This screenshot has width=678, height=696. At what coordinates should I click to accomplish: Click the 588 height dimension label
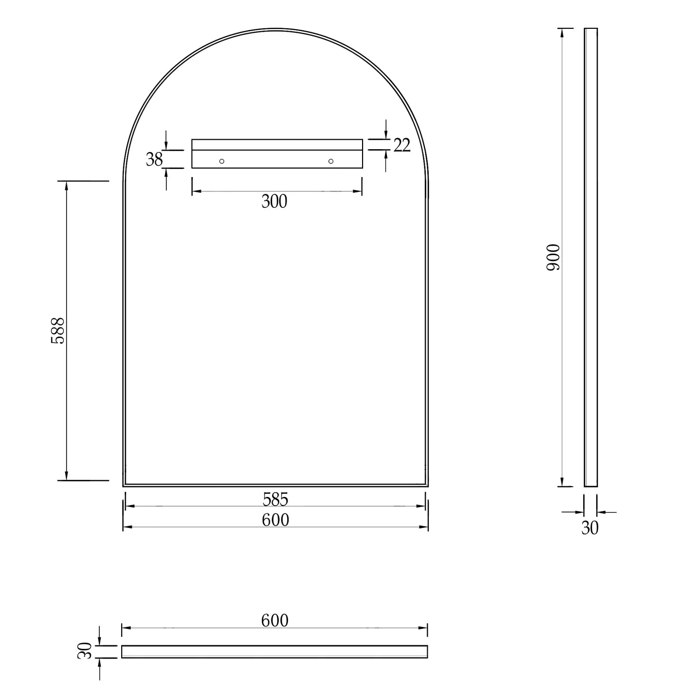[x=58, y=331]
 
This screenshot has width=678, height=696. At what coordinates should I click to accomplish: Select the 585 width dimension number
[x=276, y=498]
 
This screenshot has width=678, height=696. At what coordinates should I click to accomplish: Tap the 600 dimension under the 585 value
[x=276, y=520]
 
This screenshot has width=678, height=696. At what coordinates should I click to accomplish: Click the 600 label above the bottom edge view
[x=275, y=620]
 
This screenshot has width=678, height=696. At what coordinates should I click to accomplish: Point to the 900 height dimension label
[x=553, y=258]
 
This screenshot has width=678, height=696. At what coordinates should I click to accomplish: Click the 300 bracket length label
[x=274, y=201]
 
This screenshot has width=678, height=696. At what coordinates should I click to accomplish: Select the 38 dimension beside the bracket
[x=154, y=159]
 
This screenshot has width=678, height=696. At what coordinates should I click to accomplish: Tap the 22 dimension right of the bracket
[x=402, y=145]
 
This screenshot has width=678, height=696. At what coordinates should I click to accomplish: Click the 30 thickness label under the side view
[x=590, y=528]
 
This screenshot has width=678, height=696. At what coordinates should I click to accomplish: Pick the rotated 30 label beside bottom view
[x=85, y=651]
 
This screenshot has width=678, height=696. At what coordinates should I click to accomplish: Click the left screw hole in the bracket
[x=222, y=161]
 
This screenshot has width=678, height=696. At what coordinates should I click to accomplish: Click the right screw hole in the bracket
[x=331, y=161]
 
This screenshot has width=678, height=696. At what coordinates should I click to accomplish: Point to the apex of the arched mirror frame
[x=276, y=29]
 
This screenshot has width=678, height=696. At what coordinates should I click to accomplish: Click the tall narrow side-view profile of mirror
[x=591, y=258]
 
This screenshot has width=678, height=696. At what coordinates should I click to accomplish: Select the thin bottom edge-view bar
[x=275, y=652]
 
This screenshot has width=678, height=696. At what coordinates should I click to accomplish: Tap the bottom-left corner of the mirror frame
[x=124, y=486]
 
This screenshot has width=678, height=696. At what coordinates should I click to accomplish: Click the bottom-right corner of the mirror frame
[x=428, y=486]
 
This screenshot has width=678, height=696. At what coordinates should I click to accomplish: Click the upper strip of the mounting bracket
[x=277, y=145]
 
